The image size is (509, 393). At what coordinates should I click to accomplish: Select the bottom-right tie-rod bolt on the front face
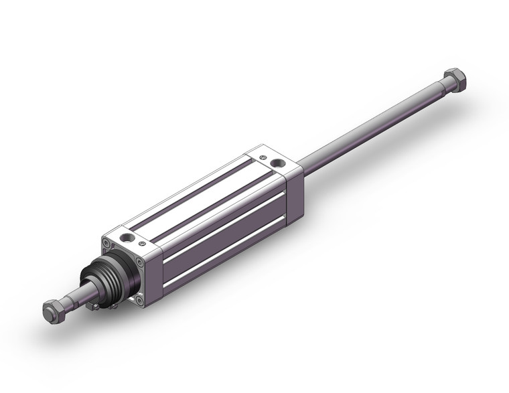point(139,300)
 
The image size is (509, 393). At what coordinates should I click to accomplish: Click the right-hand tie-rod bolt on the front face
point(139,262)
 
